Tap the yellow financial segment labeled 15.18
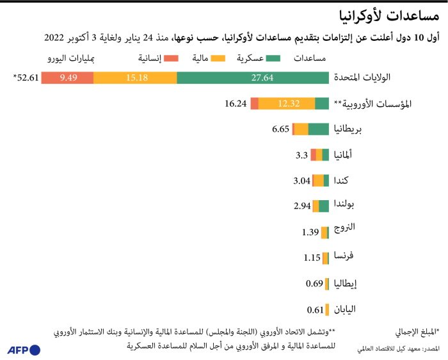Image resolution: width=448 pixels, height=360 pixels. (135, 78)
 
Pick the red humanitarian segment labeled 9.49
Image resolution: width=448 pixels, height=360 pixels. (68, 78)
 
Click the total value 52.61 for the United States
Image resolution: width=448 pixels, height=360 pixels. (26, 78)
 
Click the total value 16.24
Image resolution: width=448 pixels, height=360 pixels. (236, 104)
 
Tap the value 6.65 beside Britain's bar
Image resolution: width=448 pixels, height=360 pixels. (280, 129)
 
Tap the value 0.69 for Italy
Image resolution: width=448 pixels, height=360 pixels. (314, 283)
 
